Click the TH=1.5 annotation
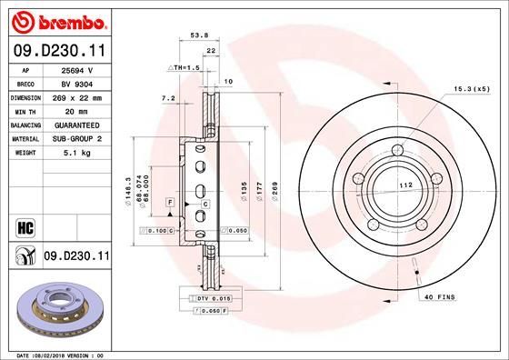click(185, 68)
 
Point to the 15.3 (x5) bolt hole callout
click(471, 89)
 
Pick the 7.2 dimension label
click(167, 97)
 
